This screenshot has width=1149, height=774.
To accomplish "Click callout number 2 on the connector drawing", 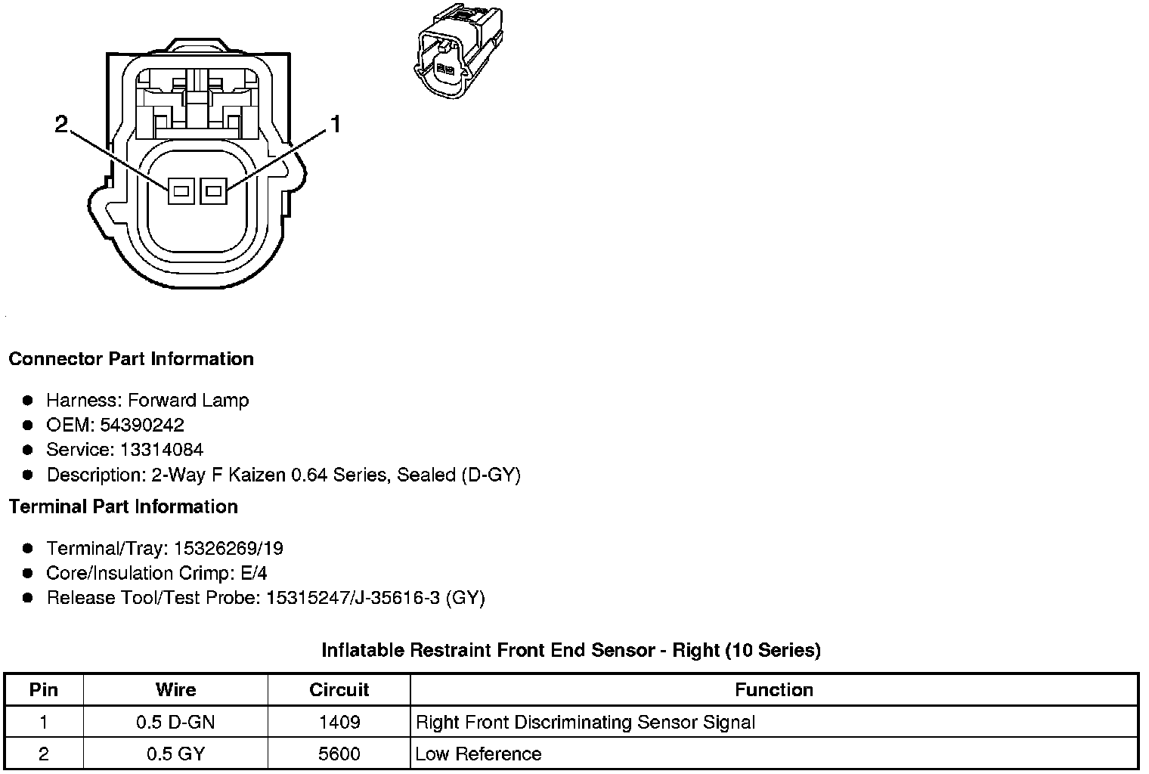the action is (62, 124).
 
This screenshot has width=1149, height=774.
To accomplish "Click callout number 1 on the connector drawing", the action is (334, 124).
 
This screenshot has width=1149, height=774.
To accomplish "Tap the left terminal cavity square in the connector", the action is (180, 191).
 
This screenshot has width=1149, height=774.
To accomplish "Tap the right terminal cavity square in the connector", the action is (213, 191).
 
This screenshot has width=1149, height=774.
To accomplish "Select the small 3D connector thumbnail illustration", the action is (457, 50).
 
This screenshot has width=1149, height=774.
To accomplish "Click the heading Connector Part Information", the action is (131, 359).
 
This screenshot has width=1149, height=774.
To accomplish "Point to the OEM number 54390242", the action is (141, 425).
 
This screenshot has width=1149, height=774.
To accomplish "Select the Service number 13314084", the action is (161, 450).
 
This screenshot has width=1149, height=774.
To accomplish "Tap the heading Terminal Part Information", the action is (123, 506).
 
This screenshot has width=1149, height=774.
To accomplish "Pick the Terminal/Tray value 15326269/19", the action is (228, 548).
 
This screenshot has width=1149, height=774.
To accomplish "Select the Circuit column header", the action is (339, 689).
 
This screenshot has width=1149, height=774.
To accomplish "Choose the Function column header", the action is (773, 689).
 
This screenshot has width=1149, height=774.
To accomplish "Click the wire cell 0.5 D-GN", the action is (175, 722).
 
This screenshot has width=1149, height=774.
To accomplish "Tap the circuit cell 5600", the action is (339, 754).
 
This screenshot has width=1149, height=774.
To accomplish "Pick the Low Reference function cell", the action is (478, 754).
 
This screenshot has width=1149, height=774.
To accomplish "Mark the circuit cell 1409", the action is (339, 722).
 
